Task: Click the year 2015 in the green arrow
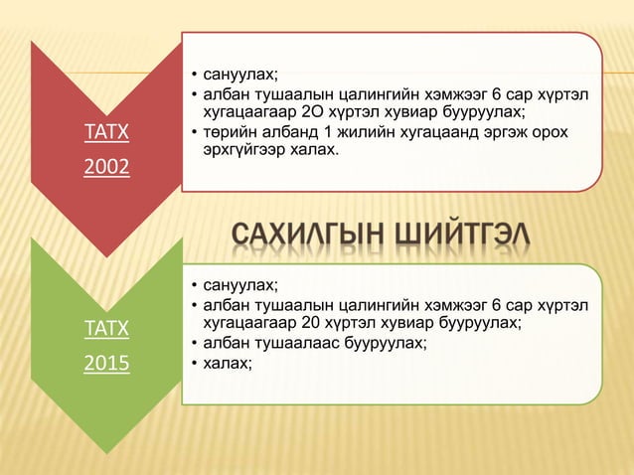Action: coord(104,364)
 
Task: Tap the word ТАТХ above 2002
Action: coord(104,132)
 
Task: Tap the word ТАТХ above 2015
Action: coord(104,326)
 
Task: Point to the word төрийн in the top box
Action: coord(228,134)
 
